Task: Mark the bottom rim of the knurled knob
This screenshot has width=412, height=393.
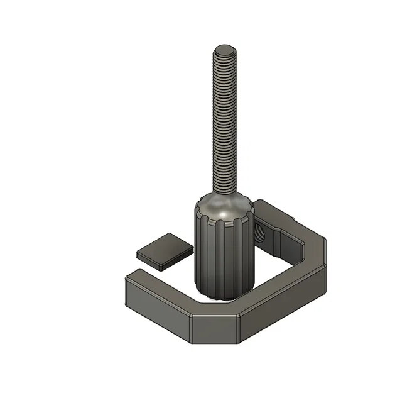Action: (x=223, y=296)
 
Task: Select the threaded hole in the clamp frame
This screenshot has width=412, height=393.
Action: (x=258, y=231)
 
